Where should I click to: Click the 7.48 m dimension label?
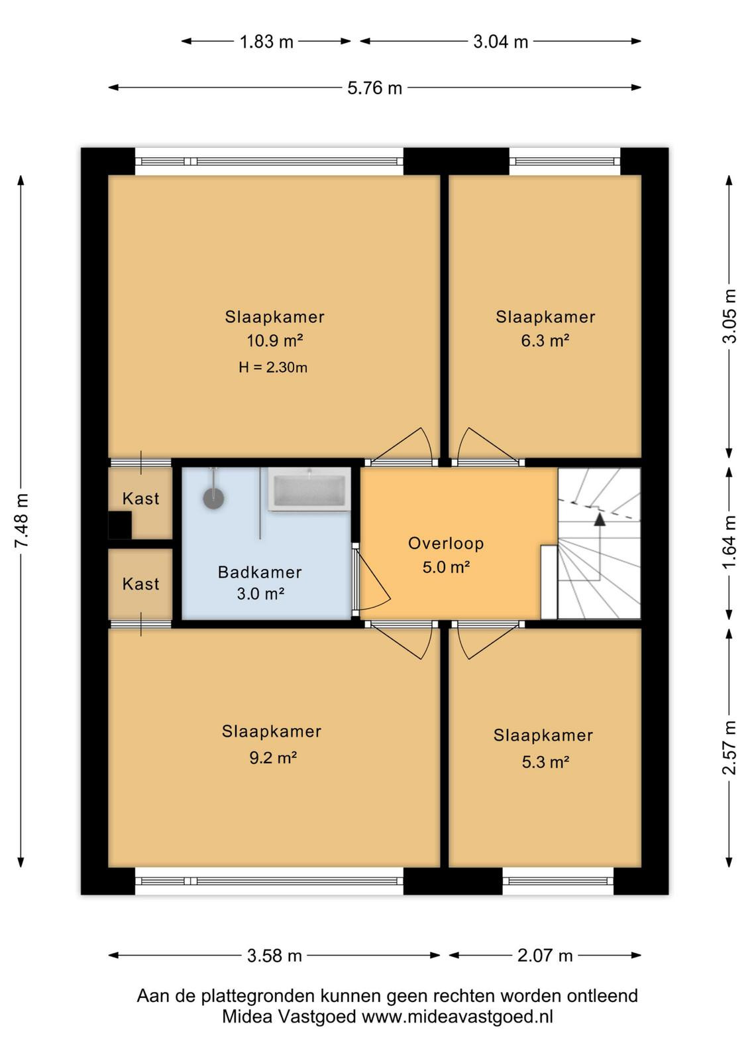tap(23, 521)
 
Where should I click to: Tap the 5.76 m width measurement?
tap(375, 88)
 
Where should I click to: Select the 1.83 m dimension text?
tap(266, 42)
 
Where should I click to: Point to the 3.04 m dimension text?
tap(501, 42)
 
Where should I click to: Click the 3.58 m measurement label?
tap(274, 956)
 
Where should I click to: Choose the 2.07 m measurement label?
tap(545, 956)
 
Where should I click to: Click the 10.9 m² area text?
tap(275, 341)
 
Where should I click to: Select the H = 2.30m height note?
tap(273, 367)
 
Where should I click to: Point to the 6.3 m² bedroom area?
tap(545, 341)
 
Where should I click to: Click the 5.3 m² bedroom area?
tap(545, 762)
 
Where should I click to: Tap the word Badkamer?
tap(260, 572)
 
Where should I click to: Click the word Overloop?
tap(446, 543)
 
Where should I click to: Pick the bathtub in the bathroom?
tap(309, 489)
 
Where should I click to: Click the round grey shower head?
tap(213, 498)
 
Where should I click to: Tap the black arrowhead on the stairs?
tap(600, 520)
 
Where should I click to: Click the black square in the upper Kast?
tap(120, 525)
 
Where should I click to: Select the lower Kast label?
tap(140, 584)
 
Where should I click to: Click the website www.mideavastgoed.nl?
tap(457, 1017)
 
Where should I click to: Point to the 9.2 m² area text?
tap(273, 759)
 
